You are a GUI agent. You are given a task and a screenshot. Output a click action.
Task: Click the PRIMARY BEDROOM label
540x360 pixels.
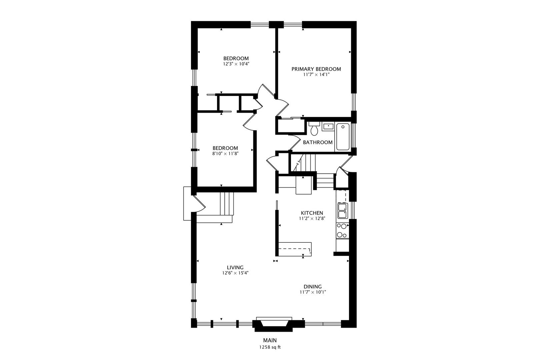tap(316, 69)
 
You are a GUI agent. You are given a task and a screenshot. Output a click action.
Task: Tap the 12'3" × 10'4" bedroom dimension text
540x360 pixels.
tap(236, 64)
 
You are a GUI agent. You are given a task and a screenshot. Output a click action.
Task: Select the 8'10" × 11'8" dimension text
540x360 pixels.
tap(225, 154)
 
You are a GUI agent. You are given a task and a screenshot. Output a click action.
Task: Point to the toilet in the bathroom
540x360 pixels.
tap(314, 129)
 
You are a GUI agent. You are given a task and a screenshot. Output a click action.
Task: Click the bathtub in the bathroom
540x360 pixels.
tap(343, 137)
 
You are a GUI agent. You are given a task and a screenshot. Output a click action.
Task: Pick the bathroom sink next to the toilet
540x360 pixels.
tap(328, 126)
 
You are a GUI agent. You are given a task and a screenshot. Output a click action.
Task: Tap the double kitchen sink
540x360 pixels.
tap(343, 211)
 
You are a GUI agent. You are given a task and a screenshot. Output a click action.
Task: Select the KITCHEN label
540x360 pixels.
tap(312, 213)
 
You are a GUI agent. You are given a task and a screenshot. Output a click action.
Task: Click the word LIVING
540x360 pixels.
tap(235, 267)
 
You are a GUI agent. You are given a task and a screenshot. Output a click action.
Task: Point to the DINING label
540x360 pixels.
tap(313, 287)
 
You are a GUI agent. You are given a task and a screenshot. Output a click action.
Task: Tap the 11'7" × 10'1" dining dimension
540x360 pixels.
tap(313, 292)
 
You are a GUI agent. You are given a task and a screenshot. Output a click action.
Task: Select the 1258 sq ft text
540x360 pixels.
tap(270, 347)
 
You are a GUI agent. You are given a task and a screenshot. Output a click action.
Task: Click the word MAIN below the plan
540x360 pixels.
tap(270, 340)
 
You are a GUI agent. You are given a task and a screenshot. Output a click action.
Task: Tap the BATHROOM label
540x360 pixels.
tap(318, 143)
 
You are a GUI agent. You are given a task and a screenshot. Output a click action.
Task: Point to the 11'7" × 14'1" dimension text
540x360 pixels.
tap(316, 75)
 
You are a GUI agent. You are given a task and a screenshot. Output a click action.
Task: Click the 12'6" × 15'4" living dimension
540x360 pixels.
tap(235, 273)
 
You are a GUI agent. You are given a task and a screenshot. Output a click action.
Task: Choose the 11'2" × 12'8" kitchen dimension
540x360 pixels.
tap(312, 219)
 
